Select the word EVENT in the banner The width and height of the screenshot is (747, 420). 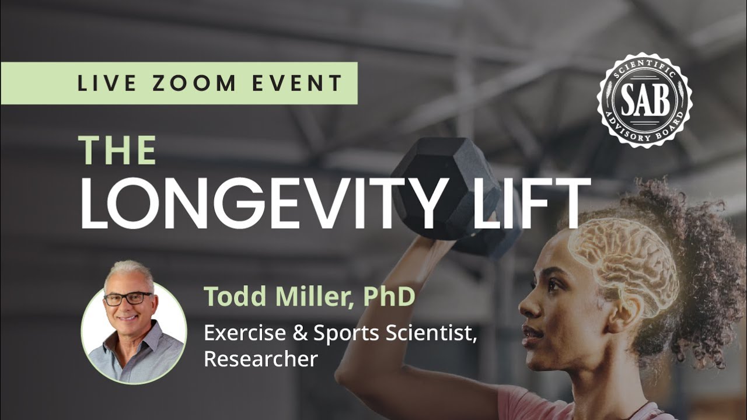click(297, 83)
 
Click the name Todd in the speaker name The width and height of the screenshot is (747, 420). click(230, 297)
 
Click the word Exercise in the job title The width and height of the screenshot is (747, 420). click(244, 333)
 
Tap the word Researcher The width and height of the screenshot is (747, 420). click(260, 359)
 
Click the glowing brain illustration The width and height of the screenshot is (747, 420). click(624, 262)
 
